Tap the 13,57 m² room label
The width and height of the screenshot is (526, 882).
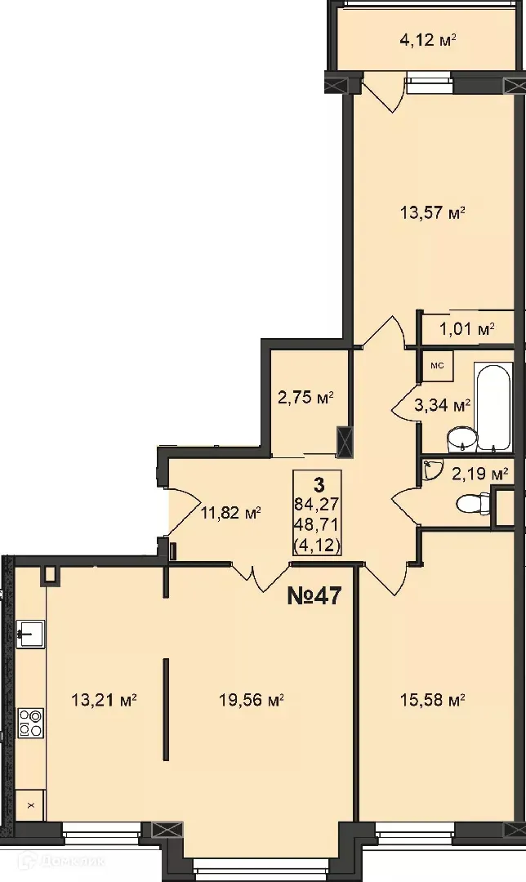click(432, 213)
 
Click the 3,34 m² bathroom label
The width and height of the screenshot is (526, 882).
click(443, 404)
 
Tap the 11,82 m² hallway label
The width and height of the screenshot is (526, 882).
click(230, 513)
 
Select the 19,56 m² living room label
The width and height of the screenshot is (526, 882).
click(252, 700)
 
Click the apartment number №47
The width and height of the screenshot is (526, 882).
click(314, 595)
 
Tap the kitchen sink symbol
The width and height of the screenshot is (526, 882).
click(31, 631)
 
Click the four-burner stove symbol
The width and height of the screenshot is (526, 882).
click(31, 723)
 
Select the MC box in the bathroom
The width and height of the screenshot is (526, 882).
click(437, 365)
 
